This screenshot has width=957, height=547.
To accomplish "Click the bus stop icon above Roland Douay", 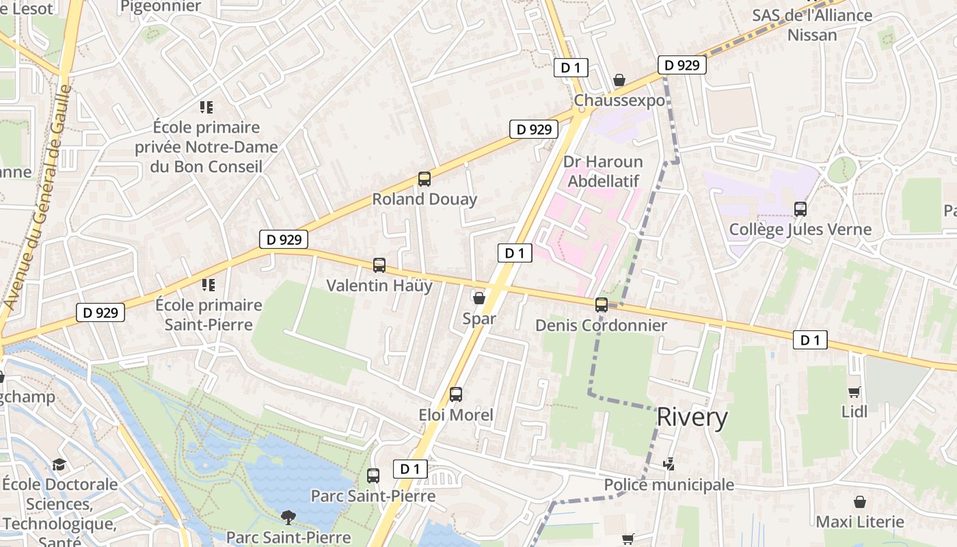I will tap(424, 179).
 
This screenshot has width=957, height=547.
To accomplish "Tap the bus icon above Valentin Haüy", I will tap(379, 265).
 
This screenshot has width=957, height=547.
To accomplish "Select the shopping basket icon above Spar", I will tap(479, 298).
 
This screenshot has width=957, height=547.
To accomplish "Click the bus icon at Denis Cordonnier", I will tap(602, 305).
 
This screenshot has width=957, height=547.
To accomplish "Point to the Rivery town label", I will tap(692, 417).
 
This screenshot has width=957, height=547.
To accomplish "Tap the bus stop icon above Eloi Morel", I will tap(456, 395).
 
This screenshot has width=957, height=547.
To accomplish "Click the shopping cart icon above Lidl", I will tap(854, 392).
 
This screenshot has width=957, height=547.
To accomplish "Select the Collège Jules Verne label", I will tap(800, 230).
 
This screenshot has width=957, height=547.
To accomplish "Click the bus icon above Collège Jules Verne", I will tap(800, 209).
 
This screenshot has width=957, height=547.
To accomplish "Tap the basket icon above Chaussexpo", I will tap(619, 81).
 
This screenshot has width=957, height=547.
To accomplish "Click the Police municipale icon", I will tap(669, 465).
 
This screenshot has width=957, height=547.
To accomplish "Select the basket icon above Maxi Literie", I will tap(860, 502).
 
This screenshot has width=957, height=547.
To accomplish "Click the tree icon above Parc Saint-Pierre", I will tap(288, 517).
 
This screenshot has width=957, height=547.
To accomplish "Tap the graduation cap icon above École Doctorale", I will tap(59, 464).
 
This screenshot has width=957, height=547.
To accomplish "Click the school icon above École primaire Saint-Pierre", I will tap(208, 284).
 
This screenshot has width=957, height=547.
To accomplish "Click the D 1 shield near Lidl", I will tap(810, 340).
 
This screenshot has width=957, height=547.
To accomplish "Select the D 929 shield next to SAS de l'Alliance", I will tap(682, 65).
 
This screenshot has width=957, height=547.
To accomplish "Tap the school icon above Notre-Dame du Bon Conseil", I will tap(206, 107).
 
